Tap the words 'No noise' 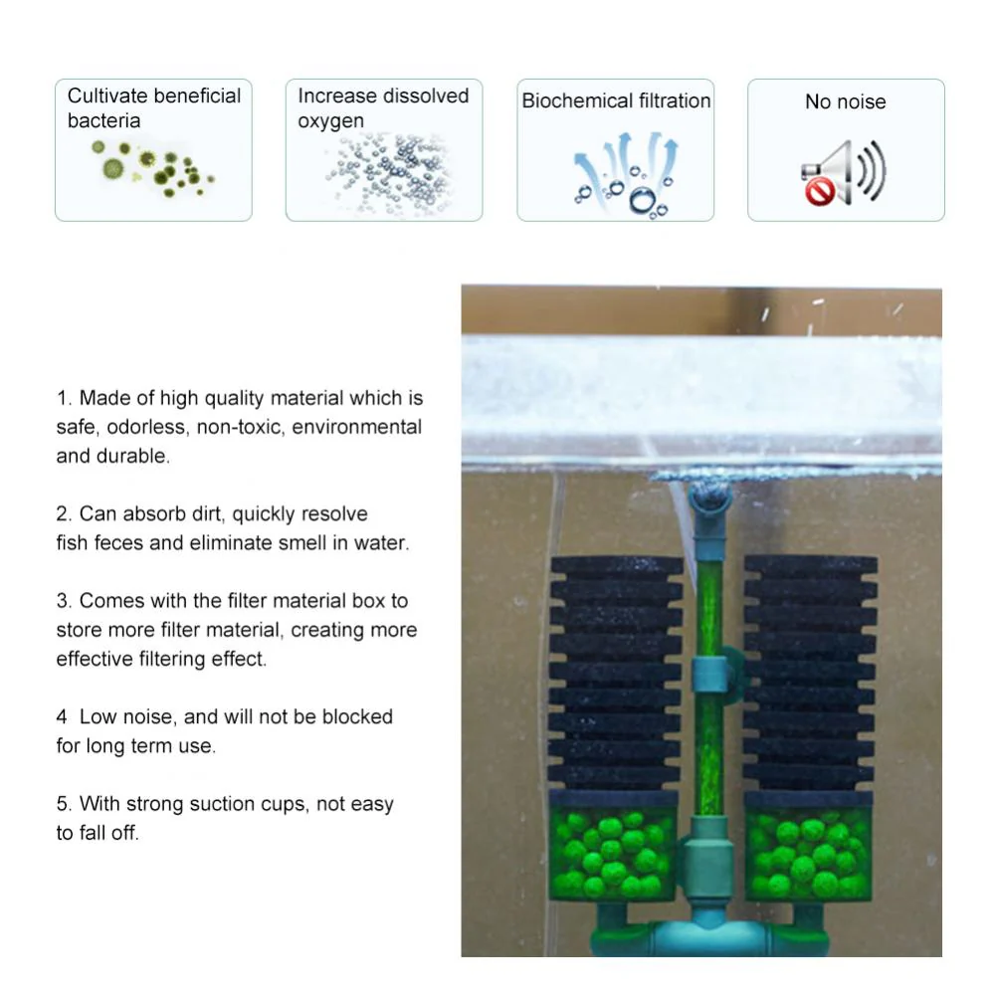coord(845,101)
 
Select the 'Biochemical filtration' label coord(616,100)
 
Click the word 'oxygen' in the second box coord(330,121)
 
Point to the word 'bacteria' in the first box coord(104,120)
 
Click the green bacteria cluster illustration coord(151,168)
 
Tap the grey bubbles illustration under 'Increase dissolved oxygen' coord(388,172)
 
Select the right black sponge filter coord(810,674)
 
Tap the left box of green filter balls coord(613,846)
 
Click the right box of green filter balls coord(808,846)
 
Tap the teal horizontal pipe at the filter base coord(709,938)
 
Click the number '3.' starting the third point coord(64,601)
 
